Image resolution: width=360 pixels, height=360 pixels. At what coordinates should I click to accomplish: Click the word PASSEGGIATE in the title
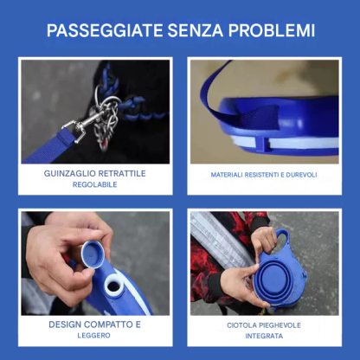(x=105, y=30)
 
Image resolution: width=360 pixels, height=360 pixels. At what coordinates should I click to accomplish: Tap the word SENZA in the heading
(x=196, y=30)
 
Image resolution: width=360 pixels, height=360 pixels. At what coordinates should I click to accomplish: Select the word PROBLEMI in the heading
(x=272, y=30)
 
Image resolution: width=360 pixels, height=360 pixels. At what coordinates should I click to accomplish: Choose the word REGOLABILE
(x=94, y=184)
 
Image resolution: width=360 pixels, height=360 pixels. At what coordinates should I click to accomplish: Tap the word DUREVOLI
(x=301, y=175)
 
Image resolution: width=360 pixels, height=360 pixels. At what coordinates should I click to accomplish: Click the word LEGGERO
(x=93, y=336)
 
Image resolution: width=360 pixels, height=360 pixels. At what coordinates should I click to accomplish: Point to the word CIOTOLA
(x=241, y=325)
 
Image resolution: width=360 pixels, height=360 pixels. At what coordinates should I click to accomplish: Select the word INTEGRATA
(x=264, y=336)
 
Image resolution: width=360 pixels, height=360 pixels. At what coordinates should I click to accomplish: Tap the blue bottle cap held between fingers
(x=93, y=254)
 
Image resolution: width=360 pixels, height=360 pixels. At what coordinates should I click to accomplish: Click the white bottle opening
(x=113, y=286)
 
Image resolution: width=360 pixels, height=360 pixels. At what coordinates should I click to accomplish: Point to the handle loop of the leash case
(x=283, y=239)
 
